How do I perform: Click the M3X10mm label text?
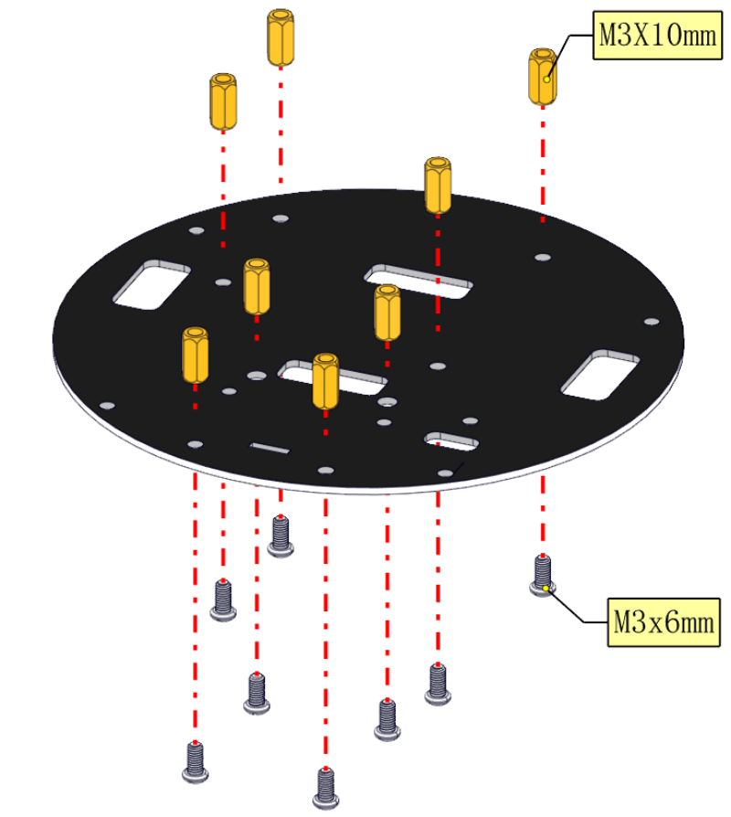click(x=658, y=36)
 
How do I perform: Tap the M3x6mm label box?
click(x=663, y=622)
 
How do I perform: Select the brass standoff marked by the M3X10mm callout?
click(x=543, y=77)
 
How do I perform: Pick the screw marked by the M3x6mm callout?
click(x=543, y=576)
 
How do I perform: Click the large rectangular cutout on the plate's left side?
click(x=152, y=284)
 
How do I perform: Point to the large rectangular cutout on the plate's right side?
click(x=599, y=375)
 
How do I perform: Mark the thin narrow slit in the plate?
click(x=270, y=448)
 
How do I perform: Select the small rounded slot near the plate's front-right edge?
click(x=451, y=440)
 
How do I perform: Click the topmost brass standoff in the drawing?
click(x=281, y=37)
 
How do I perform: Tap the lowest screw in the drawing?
click(x=325, y=788)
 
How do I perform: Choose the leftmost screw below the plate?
click(x=195, y=762)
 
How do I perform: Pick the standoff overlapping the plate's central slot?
click(x=325, y=381)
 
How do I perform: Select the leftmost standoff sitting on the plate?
click(x=196, y=355)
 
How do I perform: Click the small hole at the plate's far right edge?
click(x=652, y=322)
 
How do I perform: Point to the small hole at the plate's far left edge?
click(x=107, y=406)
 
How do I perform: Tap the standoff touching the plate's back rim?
click(x=438, y=186)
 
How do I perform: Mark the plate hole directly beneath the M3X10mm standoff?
click(x=543, y=258)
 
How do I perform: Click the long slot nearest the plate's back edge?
click(x=418, y=281)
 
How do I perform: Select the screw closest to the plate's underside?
click(x=281, y=536)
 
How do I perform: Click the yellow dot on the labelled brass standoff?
click(x=546, y=80)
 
